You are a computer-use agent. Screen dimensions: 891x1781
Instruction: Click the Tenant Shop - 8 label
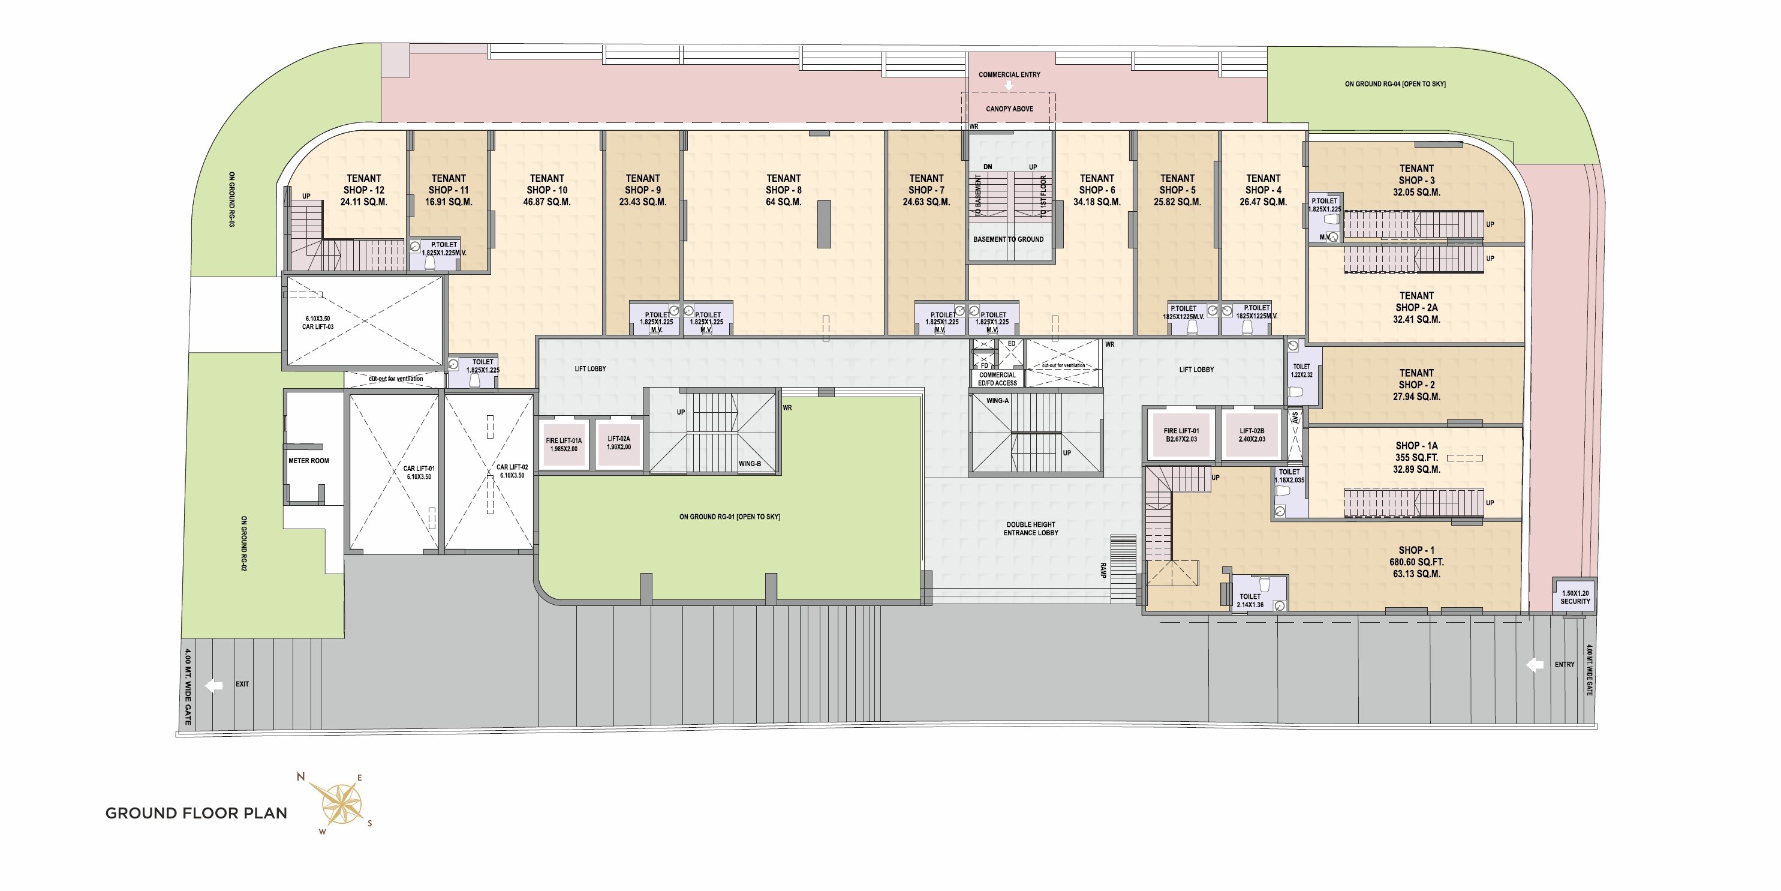tap(783, 184)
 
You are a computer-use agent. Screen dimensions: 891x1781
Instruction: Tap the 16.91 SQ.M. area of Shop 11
tap(449, 202)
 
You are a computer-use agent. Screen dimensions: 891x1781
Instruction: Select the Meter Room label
tap(308, 461)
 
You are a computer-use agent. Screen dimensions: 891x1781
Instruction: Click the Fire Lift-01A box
tap(564, 445)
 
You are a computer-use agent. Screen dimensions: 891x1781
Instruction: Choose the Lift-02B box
tap(1252, 435)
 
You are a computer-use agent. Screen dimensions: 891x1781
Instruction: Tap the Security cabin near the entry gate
tap(1575, 597)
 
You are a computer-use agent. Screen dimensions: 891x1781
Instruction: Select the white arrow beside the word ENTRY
tap(1535, 665)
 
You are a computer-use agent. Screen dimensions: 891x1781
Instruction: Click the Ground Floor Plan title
tap(196, 814)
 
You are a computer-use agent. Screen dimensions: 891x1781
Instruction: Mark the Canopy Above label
tap(1009, 109)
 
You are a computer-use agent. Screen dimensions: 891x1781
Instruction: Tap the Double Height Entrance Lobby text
tap(1031, 529)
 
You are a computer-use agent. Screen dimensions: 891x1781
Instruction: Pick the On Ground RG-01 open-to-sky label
tap(729, 517)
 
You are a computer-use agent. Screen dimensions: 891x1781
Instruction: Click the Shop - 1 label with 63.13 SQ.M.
tap(1416, 562)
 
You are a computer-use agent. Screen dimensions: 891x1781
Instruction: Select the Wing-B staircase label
tap(750, 463)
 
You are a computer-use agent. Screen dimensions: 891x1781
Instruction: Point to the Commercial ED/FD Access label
tap(998, 379)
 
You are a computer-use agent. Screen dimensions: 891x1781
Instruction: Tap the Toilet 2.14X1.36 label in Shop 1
tap(1250, 601)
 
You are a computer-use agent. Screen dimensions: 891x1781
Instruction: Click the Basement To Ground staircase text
tap(1008, 239)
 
